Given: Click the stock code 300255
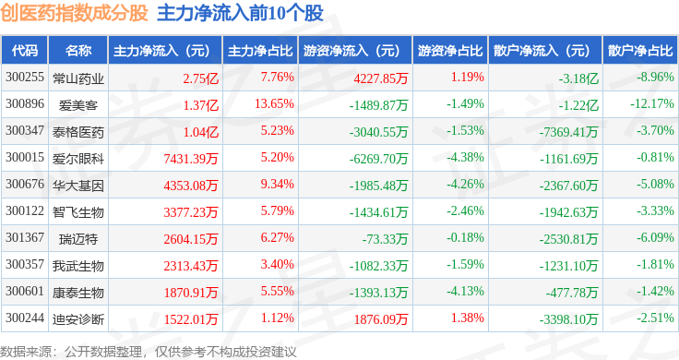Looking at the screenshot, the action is point(25,78).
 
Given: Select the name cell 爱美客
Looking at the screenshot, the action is point(77,105).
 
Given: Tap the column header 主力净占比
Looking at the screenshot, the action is point(260,51).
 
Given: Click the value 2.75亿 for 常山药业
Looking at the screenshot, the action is point(200,78).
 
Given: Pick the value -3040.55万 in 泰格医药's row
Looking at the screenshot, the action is point(378,132).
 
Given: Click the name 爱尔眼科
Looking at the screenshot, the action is point(77,159).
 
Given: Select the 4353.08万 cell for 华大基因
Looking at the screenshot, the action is point(191,186).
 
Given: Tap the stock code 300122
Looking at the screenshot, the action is point(25,211).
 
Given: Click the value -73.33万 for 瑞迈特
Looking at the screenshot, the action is point(385,239).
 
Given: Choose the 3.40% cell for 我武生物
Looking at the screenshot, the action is point(277,264).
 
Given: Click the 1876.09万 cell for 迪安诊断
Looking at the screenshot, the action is point(381,319).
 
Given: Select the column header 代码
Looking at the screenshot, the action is point(25,51).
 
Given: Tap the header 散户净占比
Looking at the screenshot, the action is point(640,51).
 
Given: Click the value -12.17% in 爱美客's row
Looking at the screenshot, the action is point(651,104).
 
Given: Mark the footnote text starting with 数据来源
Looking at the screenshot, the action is point(149,352).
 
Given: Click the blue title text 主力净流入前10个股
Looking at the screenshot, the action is point(240,14).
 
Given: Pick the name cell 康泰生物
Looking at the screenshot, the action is point(77,293).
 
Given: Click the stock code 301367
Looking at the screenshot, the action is point(25,237).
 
